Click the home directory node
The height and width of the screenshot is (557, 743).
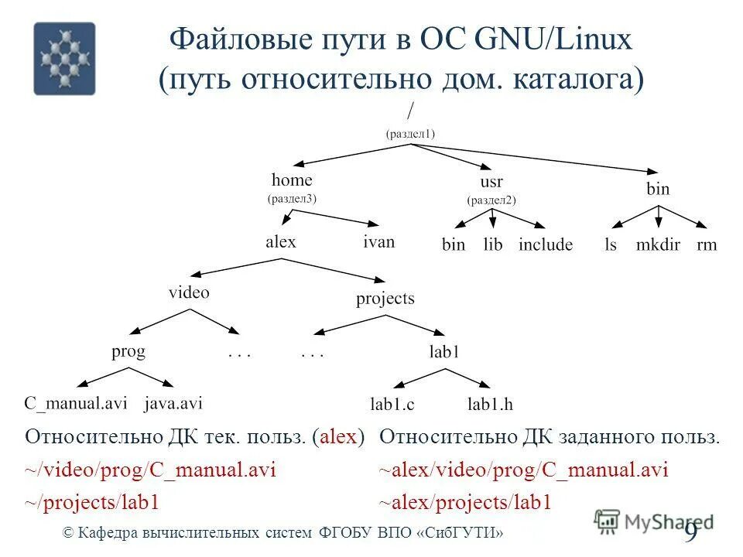click(x=292, y=181)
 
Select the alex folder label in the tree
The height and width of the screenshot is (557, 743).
click(x=281, y=242)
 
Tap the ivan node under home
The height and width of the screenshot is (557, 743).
click(x=378, y=242)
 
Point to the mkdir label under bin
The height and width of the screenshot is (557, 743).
click(x=657, y=245)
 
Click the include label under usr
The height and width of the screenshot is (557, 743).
click(x=546, y=245)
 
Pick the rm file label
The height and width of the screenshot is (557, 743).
click(x=707, y=245)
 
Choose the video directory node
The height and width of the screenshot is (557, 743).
click(x=189, y=292)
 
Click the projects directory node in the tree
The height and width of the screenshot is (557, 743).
click(x=385, y=298)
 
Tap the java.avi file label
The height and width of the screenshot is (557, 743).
click(x=173, y=403)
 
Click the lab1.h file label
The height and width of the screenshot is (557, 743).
click(x=491, y=404)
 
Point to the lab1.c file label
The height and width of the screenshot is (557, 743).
click(x=392, y=404)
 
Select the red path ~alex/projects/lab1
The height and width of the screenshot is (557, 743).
click(x=465, y=503)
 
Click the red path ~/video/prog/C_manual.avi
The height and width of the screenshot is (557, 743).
click(x=151, y=470)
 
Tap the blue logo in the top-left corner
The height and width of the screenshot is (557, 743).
click(x=64, y=58)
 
